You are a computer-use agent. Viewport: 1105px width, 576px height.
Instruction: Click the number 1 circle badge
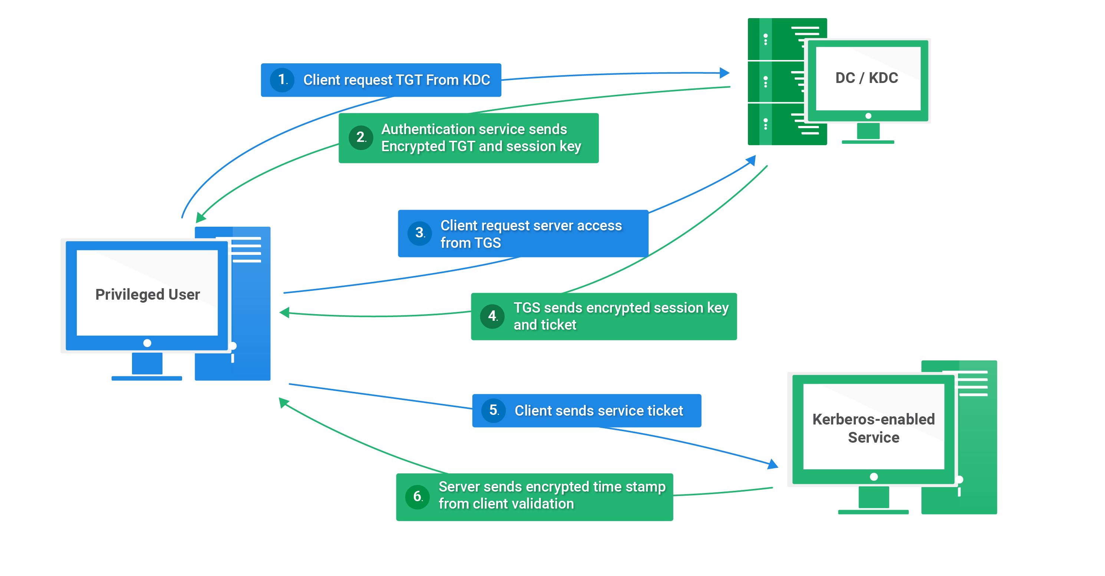coord(282,80)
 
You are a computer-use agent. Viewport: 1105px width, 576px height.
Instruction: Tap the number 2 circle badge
coord(361,137)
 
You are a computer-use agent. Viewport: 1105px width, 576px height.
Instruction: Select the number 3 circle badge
coord(419,233)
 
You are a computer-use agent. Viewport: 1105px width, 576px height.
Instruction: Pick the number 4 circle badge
coord(492,316)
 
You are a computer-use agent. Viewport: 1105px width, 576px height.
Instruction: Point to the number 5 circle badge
coord(494,410)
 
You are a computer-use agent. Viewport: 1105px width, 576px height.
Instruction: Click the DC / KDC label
coord(867,78)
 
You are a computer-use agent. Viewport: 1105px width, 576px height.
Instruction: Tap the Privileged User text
coord(148,294)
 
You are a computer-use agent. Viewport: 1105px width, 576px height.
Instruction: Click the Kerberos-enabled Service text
coord(873,428)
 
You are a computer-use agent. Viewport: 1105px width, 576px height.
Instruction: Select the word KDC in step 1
coord(476,80)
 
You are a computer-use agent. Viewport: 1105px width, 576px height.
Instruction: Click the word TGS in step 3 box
coord(487,243)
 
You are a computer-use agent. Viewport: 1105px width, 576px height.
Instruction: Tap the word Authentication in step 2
coord(427,129)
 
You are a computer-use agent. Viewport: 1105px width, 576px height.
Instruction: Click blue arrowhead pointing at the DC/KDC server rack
coord(725,73)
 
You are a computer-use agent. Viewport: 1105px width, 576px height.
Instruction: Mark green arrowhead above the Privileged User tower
coord(200,218)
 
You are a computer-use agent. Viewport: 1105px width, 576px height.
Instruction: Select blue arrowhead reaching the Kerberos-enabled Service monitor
coord(773,464)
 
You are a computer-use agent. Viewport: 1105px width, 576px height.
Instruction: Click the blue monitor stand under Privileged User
coord(147,364)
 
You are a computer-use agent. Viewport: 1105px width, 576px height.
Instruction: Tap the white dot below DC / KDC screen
coord(868,116)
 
